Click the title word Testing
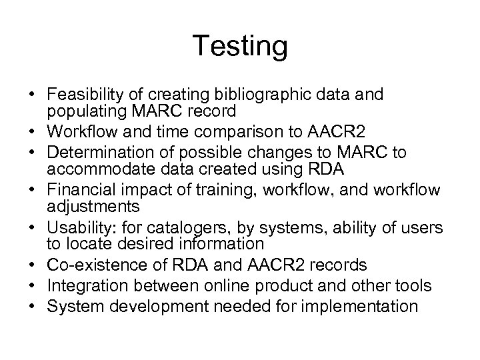(240, 47)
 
